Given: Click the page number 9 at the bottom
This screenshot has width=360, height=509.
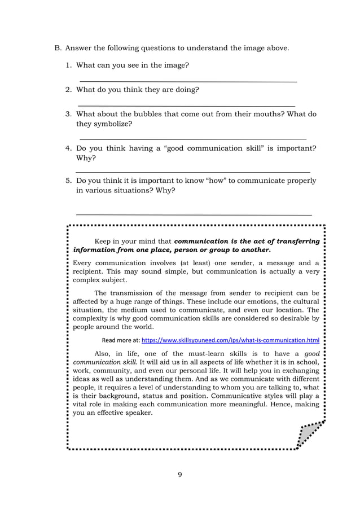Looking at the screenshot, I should [x=179, y=474].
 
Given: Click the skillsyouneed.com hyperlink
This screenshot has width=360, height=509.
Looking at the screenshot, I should [x=230, y=341].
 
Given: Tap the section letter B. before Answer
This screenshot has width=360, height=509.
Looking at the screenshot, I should [x=58, y=48].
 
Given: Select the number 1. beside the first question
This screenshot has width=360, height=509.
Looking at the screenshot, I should [x=69, y=65].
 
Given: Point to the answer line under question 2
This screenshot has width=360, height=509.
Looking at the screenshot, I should [x=186, y=106].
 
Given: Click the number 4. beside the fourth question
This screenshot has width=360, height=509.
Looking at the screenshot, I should [x=69, y=148].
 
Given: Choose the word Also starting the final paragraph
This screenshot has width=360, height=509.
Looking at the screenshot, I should [x=104, y=353].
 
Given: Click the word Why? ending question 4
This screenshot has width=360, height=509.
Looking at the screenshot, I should [x=86, y=158].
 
